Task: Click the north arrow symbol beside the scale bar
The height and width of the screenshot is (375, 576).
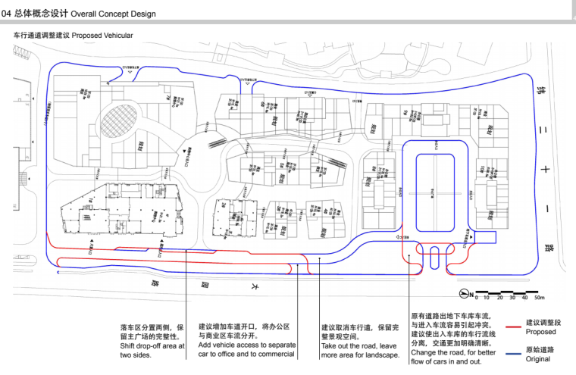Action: tap(464, 294)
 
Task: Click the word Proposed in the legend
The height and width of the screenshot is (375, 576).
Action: tap(541, 332)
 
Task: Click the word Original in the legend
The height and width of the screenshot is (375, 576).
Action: tap(539, 360)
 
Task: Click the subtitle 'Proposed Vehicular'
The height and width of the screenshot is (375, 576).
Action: tap(102, 36)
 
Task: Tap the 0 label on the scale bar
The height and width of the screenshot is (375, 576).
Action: tap(476, 296)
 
